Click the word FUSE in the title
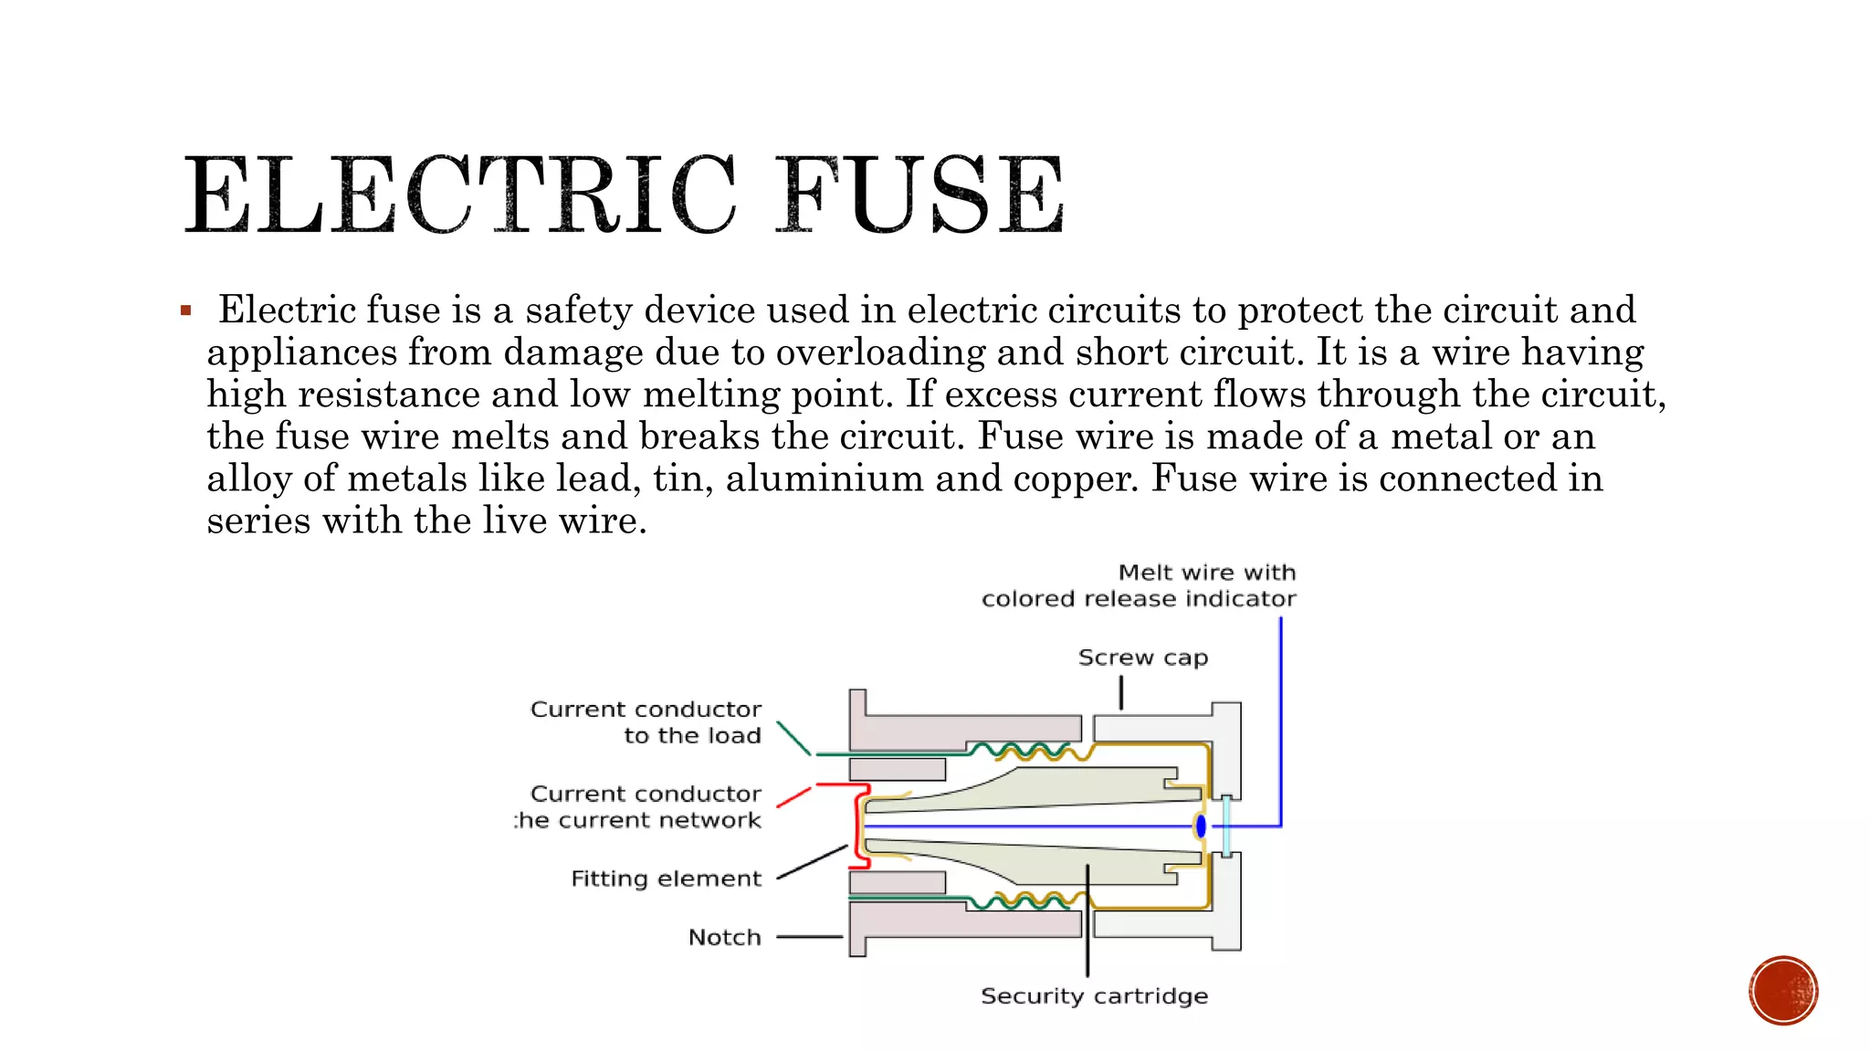tap(920, 195)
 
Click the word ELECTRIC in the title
tap(459, 195)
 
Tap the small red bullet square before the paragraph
tap(186, 311)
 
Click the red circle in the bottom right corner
tap(1782, 991)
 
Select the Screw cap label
tap(1142, 657)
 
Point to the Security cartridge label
tap(1094, 995)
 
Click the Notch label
tap(724, 937)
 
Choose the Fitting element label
tap(666, 878)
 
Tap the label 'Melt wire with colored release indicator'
tap(1139, 585)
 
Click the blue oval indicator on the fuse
tap(1201, 826)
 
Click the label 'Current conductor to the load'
tap(646, 722)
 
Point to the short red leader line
tap(793, 796)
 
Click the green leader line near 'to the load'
tap(793, 738)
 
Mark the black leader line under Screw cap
tap(1121, 692)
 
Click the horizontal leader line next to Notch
tap(809, 937)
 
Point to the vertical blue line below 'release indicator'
tap(1280, 721)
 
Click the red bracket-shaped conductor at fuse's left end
tap(859, 826)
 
